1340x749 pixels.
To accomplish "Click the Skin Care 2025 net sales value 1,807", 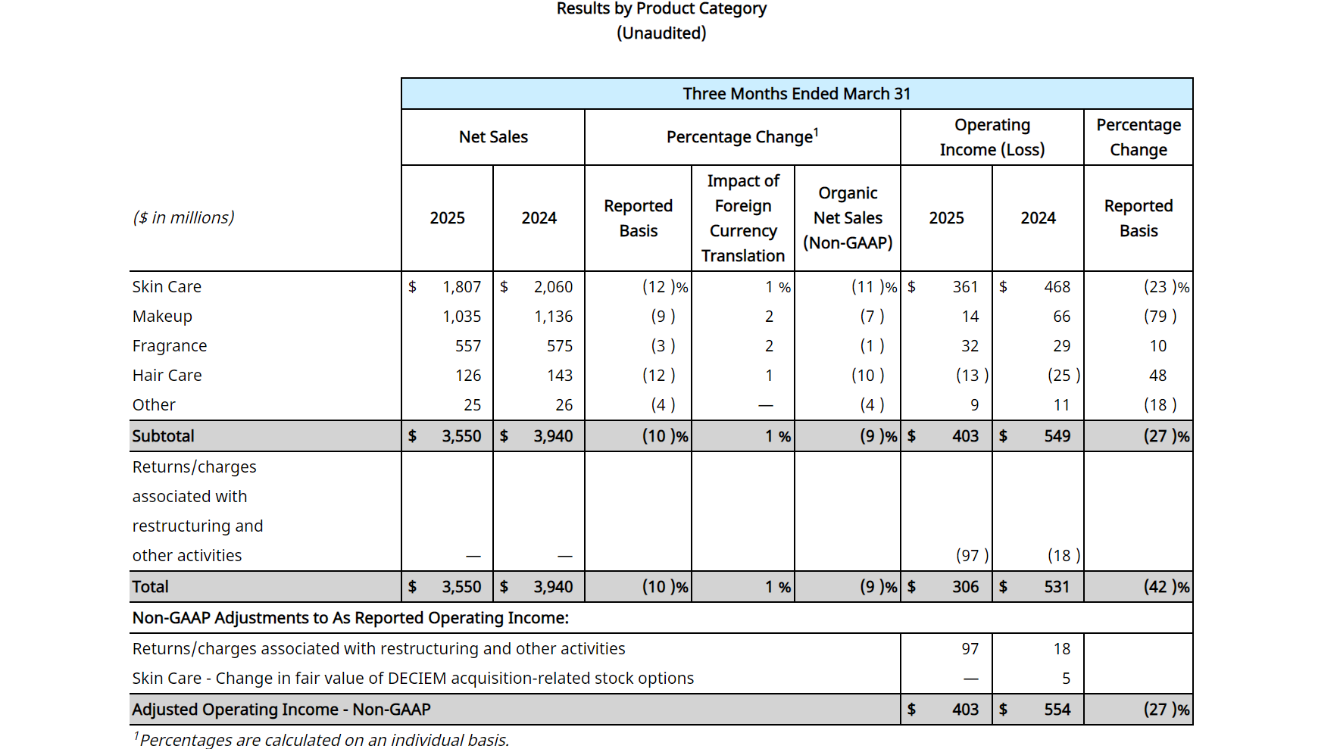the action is click(462, 287).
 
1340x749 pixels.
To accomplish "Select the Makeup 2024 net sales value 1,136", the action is click(554, 317).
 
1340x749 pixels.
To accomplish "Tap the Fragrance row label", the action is click(170, 346).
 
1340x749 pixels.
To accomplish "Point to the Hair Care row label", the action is click(167, 376).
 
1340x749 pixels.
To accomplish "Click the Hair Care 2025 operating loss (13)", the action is click(973, 376).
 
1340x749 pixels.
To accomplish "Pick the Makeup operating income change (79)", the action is click(1160, 317).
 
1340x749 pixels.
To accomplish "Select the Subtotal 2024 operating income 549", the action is click(1057, 436).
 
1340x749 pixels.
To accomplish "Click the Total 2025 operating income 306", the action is click(966, 587).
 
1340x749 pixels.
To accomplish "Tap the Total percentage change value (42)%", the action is click(1167, 587).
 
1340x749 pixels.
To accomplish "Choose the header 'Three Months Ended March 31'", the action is click(797, 94).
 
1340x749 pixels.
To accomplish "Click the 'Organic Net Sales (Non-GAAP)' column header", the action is click(848, 218).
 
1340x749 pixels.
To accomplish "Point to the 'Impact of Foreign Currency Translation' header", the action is click(743, 218).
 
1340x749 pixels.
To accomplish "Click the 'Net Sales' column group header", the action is click(493, 137).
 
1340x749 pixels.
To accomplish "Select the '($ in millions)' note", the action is click(183, 218).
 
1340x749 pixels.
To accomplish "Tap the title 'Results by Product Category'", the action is click(661, 9).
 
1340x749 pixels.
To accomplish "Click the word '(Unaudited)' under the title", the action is click(661, 33).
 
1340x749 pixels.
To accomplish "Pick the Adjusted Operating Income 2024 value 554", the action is click(1057, 710).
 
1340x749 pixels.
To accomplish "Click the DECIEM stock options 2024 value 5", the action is click(1066, 679).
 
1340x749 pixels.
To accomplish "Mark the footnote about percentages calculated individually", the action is click(321, 740).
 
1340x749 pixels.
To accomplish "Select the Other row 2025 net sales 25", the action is click(473, 405).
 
